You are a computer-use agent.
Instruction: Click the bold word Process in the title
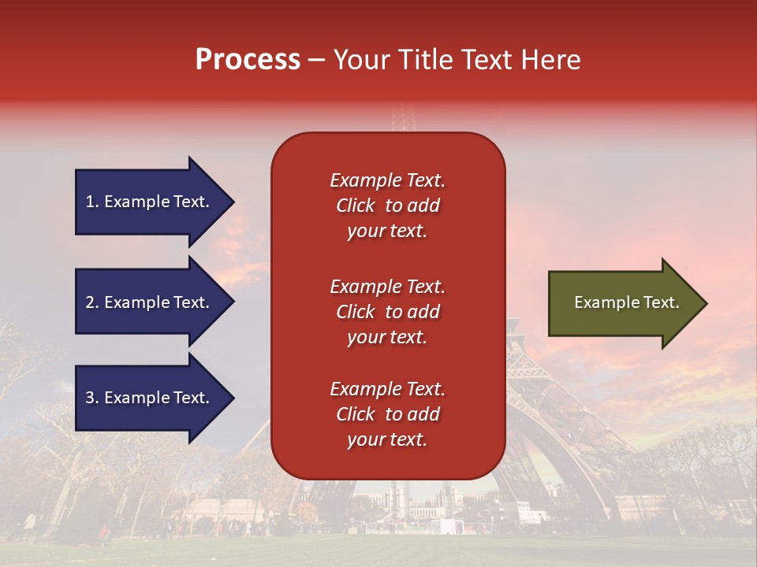pyautogui.click(x=248, y=60)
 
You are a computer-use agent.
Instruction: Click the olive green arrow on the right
pyautogui.click(x=623, y=303)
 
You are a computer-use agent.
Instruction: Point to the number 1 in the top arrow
pyautogui.click(x=90, y=202)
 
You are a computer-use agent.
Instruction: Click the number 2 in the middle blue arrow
pyautogui.click(x=90, y=302)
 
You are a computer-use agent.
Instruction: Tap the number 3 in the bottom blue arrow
pyautogui.click(x=90, y=398)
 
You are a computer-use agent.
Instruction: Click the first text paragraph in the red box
pyautogui.click(x=387, y=206)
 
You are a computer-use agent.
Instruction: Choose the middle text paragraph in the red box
pyautogui.click(x=387, y=312)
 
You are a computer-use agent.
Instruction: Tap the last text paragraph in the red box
pyautogui.click(x=387, y=414)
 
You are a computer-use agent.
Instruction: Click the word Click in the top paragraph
pyautogui.click(x=355, y=206)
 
